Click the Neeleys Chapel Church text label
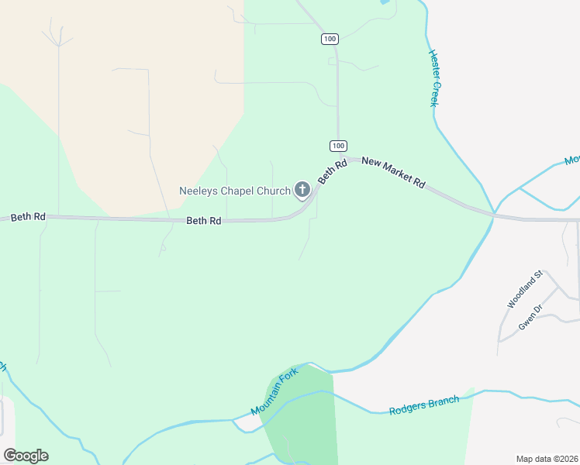click(235, 190)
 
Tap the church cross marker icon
click(302, 190)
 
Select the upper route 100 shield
click(330, 38)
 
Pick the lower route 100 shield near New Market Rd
click(338, 146)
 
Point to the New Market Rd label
click(394, 172)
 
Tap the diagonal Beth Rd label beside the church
click(331, 172)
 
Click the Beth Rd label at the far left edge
click(28, 217)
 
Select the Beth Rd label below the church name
click(204, 221)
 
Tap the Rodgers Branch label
click(424, 405)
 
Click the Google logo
click(26, 456)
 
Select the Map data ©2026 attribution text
click(547, 459)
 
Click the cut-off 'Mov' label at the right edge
click(571, 160)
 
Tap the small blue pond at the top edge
click(383, 2)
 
